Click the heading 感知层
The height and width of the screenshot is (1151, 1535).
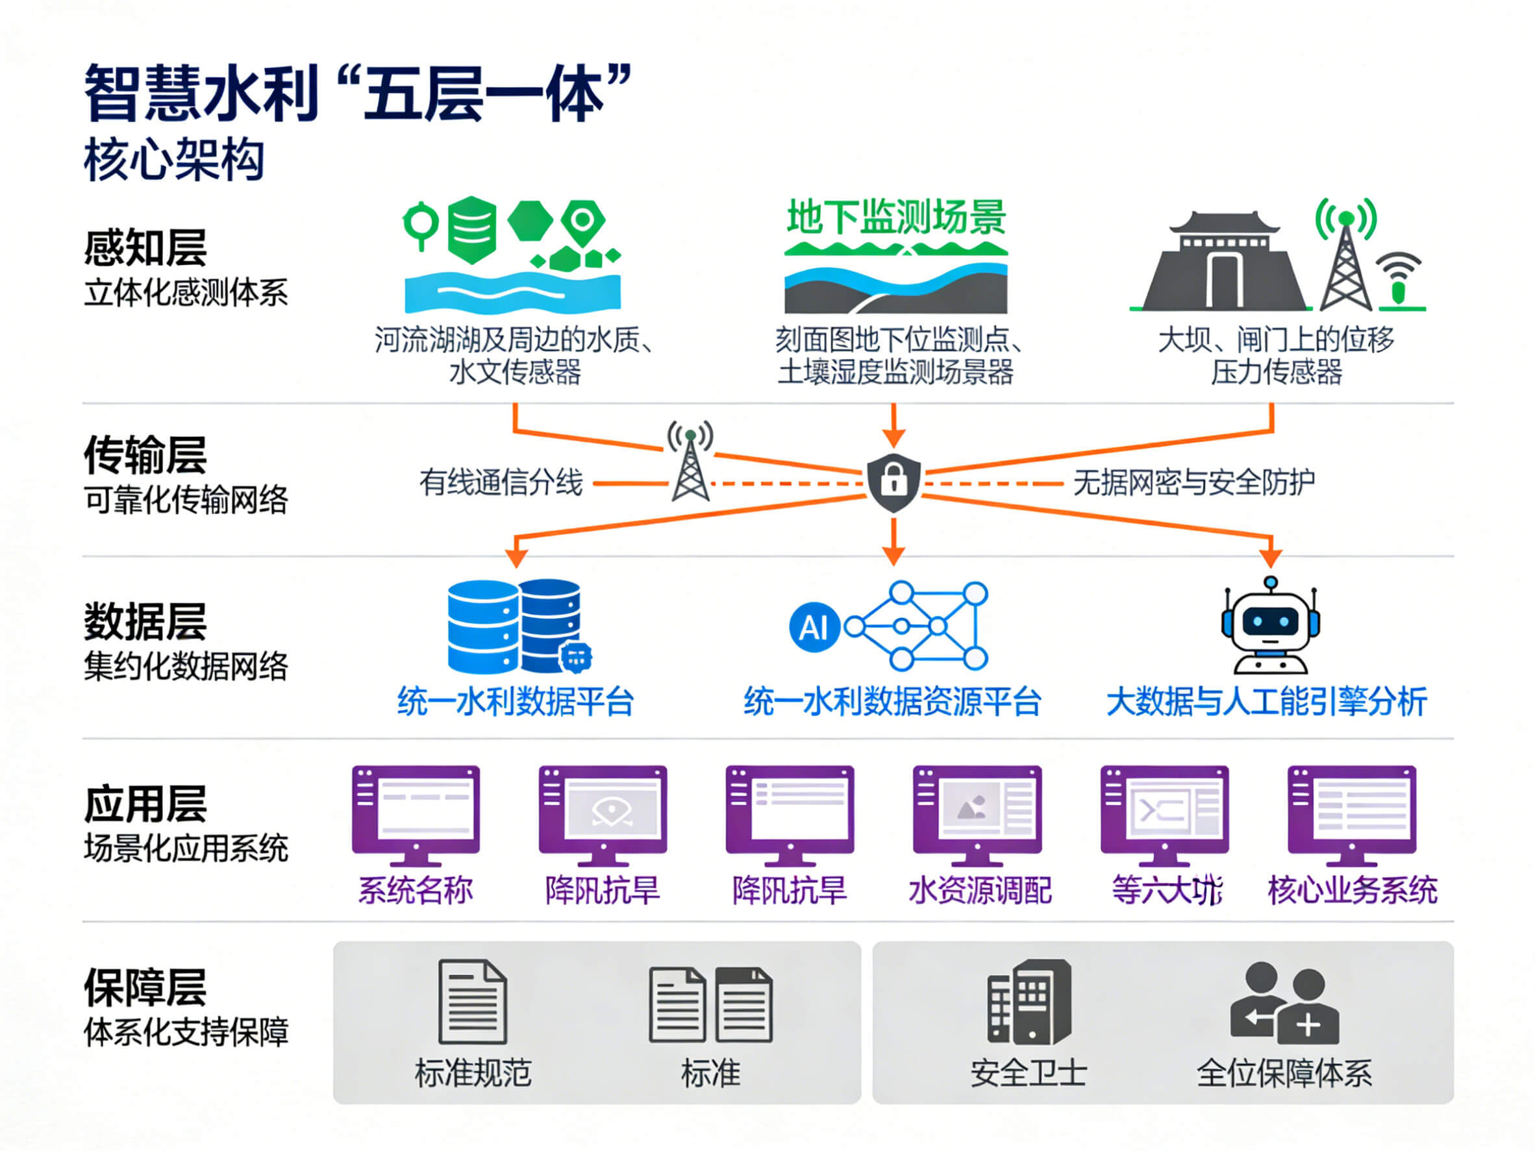point(145,248)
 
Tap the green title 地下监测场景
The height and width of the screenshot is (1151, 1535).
point(895,217)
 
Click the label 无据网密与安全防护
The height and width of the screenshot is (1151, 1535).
point(1193,482)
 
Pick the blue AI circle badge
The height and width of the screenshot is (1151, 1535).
point(814,627)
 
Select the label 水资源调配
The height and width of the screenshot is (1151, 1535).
point(979,890)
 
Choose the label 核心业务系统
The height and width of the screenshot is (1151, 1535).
point(1352,890)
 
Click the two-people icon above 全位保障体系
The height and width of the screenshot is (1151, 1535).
point(1284,1002)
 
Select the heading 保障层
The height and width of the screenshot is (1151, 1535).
point(145,987)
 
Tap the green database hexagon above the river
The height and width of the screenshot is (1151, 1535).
point(472,230)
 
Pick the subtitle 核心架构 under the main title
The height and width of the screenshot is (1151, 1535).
point(174,160)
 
